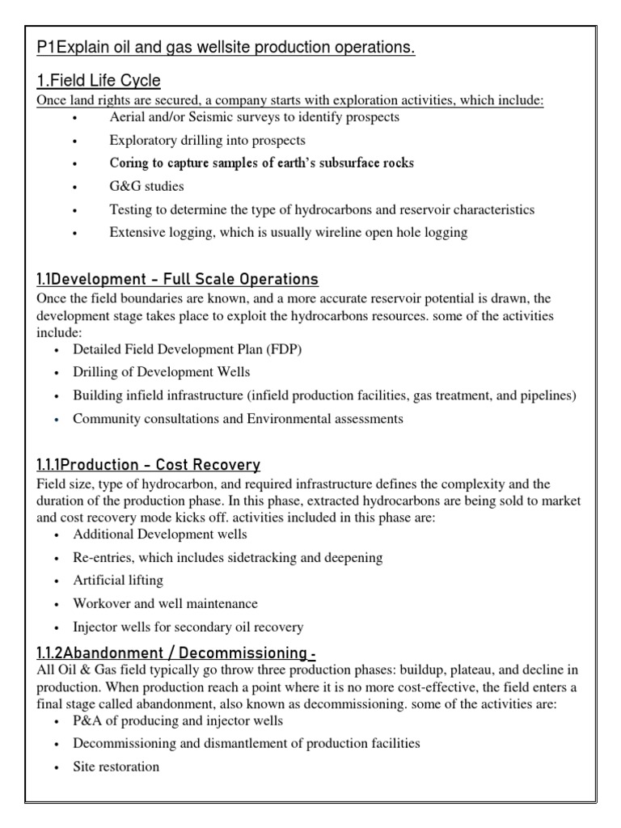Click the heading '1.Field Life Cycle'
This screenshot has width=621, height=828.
point(99,81)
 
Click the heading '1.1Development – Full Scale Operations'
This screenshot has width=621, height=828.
point(177,279)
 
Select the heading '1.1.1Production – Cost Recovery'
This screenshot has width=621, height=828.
point(148,465)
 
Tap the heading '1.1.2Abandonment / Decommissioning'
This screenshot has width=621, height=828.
point(167,652)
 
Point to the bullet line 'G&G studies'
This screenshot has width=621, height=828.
point(146,186)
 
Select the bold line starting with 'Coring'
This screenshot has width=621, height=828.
point(261,163)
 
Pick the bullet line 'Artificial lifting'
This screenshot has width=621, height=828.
point(117,581)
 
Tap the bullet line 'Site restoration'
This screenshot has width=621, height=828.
point(116,767)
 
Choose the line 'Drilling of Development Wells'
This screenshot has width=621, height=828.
point(161,373)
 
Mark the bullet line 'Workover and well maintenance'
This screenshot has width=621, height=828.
point(165,604)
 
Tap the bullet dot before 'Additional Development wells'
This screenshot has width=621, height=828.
point(56,535)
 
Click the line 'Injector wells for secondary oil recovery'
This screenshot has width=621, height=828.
point(188,627)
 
